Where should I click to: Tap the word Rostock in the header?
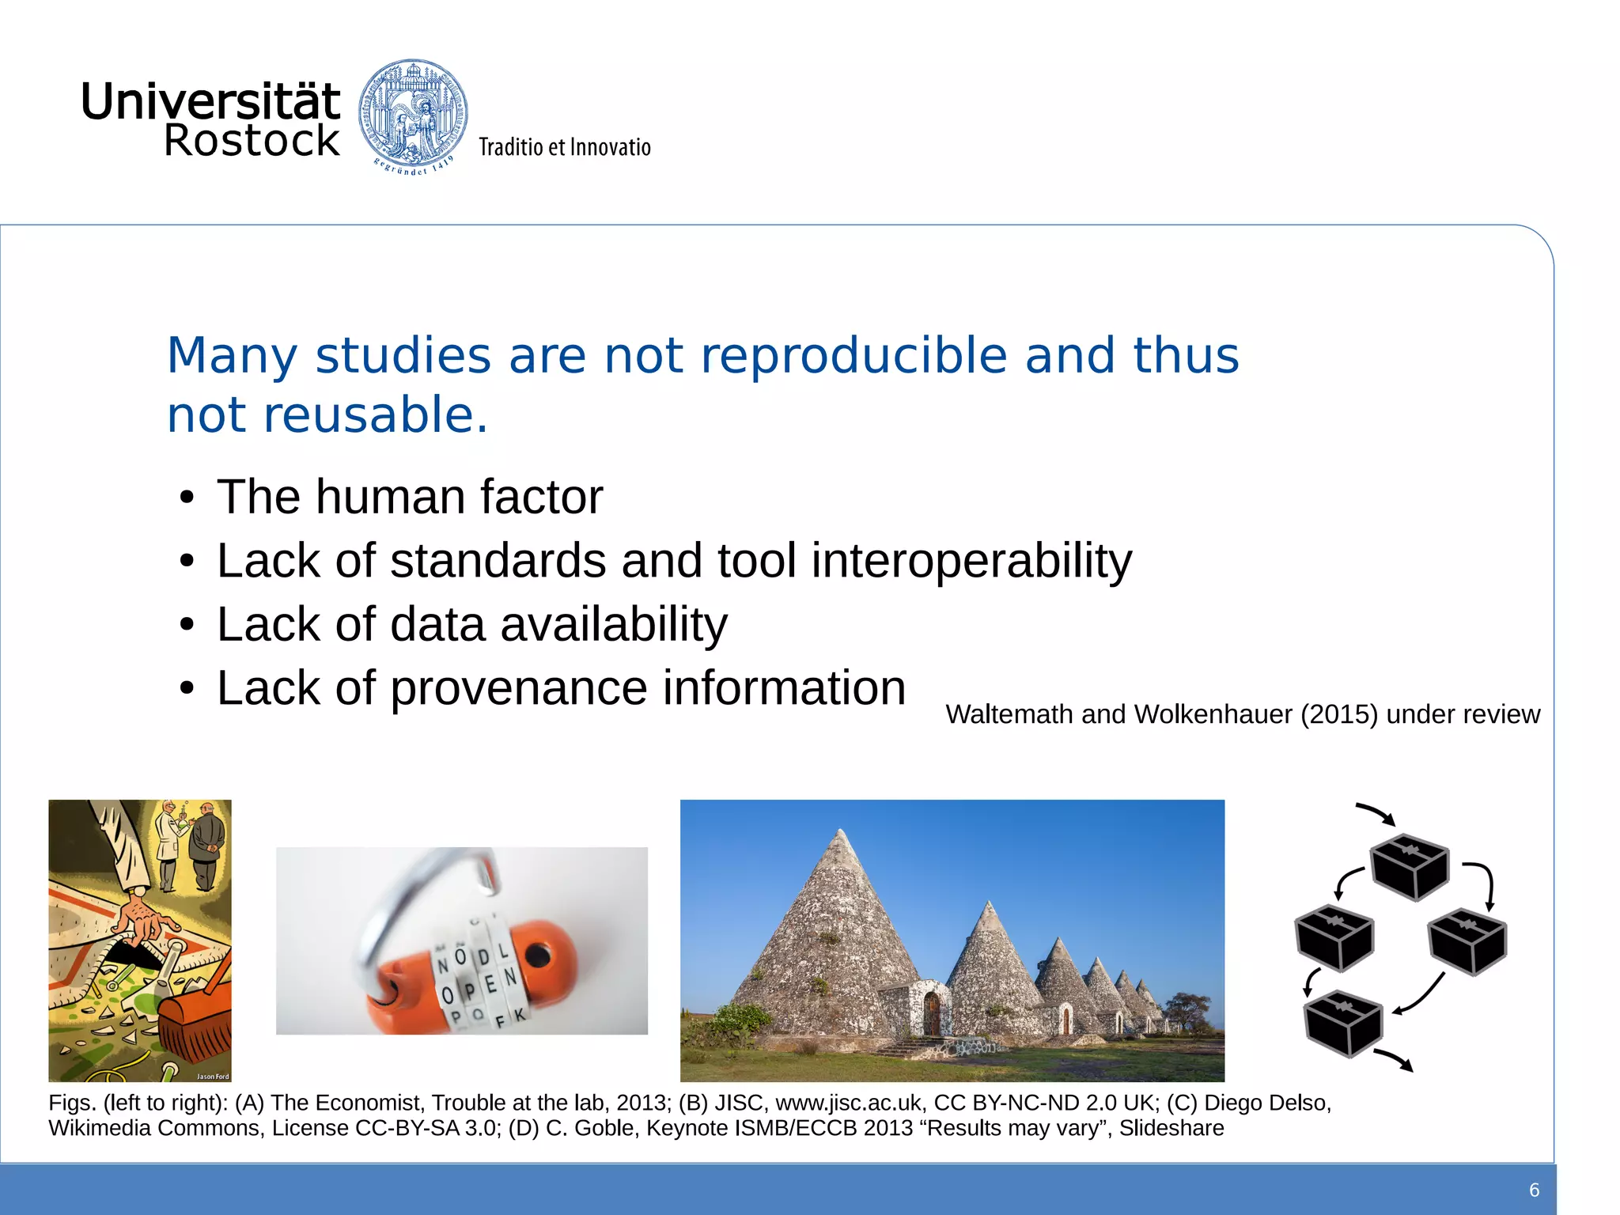(x=252, y=141)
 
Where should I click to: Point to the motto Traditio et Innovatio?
(x=564, y=147)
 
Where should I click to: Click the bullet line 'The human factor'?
(x=409, y=497)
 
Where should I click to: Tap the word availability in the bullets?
(x=614, y=624)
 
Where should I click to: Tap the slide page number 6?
(x=1534, y=1190)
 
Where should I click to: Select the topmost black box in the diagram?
(x=1409, y=866)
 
